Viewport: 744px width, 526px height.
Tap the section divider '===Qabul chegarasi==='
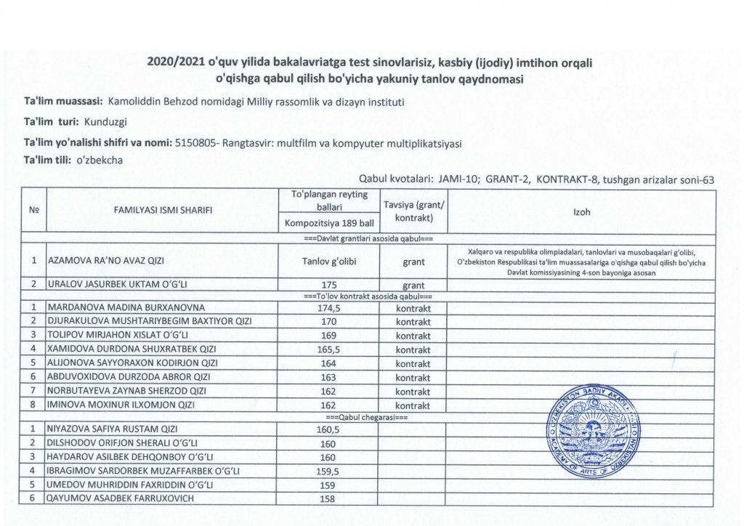point(368,418)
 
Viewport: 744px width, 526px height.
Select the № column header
point(33,210)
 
